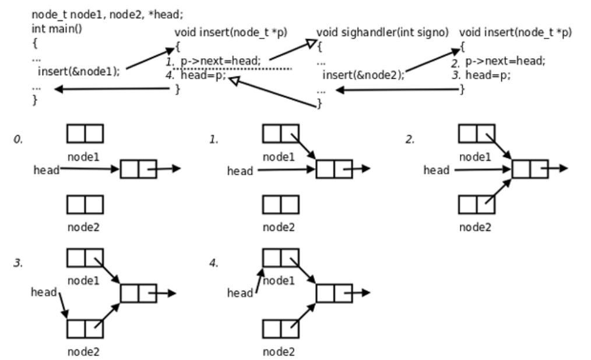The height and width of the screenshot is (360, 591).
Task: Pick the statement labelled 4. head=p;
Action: coord(197,74)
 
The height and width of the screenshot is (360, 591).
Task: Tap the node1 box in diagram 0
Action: coord(85,134)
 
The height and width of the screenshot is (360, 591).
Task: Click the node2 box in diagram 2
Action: coord(477,204)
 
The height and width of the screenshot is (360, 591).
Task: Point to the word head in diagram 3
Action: coord(44,291)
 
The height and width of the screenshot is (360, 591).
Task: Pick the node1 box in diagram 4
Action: coord(281,258)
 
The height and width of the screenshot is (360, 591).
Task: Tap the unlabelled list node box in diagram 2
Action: coord(530,169)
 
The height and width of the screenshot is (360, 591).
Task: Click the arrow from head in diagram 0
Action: coord(90,170)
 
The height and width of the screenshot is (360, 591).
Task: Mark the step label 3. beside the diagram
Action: coord(17,264)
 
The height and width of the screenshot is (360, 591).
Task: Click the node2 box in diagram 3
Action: coord(85,329)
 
